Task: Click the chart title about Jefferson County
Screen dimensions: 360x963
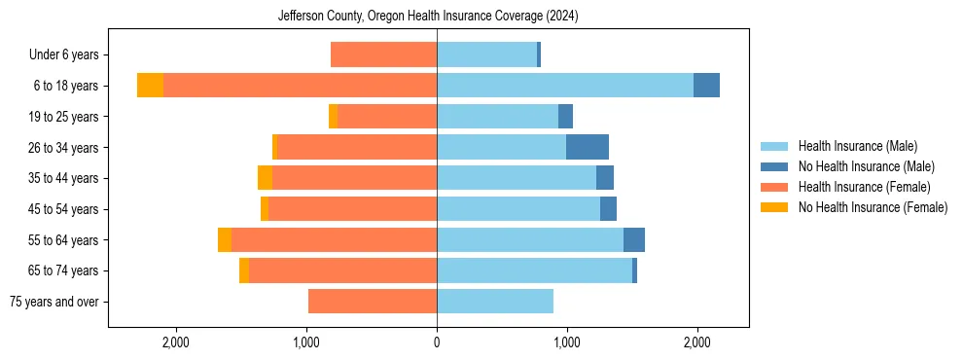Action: pyautogui.click(x=428, y=17)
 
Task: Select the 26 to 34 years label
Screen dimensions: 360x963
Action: pyautogui.click(x=65, y=148)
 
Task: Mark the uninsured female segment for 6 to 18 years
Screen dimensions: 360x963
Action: pyautogui.click(x=150, y=86)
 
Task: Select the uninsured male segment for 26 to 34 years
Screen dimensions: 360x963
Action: pyautogui.click(x=588, y=148)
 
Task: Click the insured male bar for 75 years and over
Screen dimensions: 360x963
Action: pyautogui.click(x=495, y=302)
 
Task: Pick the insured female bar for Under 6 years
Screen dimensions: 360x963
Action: pyautogui.click(x=384, y=55)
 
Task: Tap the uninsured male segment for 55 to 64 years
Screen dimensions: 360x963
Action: pyautogui.click(x=634, y=240)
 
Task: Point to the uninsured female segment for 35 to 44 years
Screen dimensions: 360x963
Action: pyautogui.click(x=265, y=178)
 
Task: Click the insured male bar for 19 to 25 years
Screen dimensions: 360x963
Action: pyautogui.click(x=497, y=117)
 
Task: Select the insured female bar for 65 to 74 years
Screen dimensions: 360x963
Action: pyautogui.click(x=342, y=270)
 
